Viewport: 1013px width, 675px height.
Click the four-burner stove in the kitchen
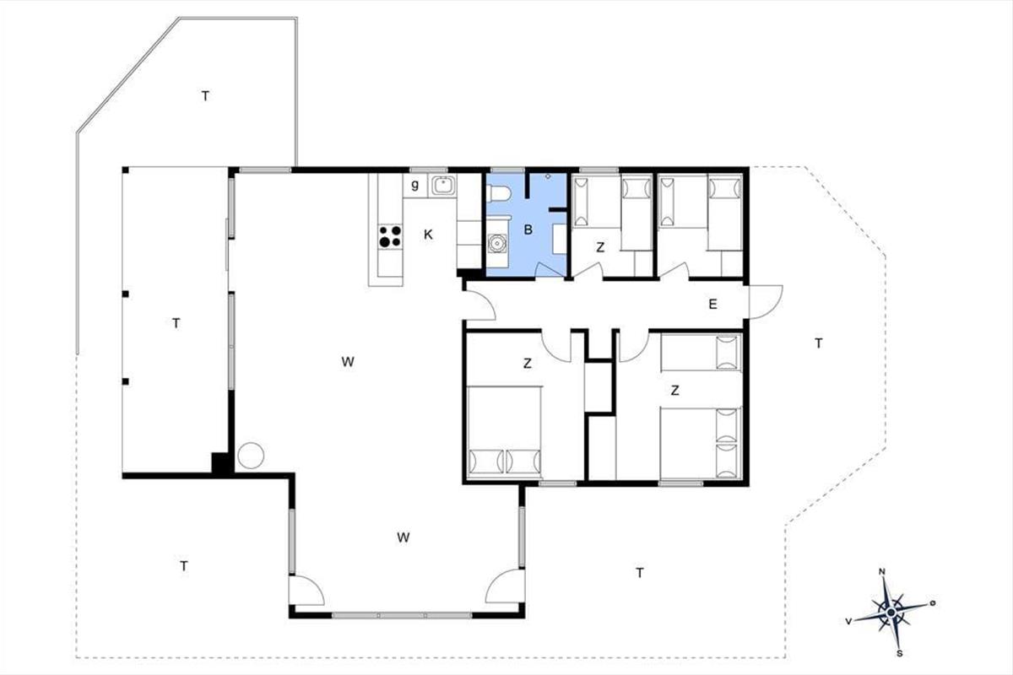pyautogui.click(x=390, y=236)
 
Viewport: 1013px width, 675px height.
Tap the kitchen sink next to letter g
pyautogui.click(x=443, y=186)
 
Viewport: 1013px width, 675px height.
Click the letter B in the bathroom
pyautogui.click(x=528, y=229)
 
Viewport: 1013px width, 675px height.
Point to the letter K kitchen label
pyautogui.click(x=428, y=235)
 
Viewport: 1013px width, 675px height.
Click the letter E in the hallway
pyautogui.click(x=712, y=305)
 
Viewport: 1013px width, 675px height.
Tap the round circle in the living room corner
pyautogui.click(x=251, y=456)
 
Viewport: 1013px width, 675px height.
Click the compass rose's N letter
pyautogui.click(x=881, y=572)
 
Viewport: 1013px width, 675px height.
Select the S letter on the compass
pyautogui.click(x=900, y=653)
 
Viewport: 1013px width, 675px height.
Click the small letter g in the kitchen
pyautogui.click(x=414, y=185)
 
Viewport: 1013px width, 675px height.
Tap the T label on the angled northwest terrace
pyautogui.click(x=205, y=96)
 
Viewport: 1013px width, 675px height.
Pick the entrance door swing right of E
pyautogui.click(x=766, y=301)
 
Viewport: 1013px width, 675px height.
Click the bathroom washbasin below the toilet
pyautogui.click(x=497, y=243)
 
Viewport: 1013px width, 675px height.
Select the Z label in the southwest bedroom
pyautogui.click(x=528, y=363)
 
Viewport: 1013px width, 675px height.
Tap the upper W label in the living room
pyautogui.click(x=347, y=362)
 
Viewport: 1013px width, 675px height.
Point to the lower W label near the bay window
pyautogui.click(x=404, y=537)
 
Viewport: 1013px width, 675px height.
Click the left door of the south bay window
pyautogui.click(x=306, y=591)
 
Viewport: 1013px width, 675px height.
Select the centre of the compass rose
pyautogui.click(x=891, y=613)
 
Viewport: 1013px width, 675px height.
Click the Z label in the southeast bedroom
pyautogui.click(x=674, y=390)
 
